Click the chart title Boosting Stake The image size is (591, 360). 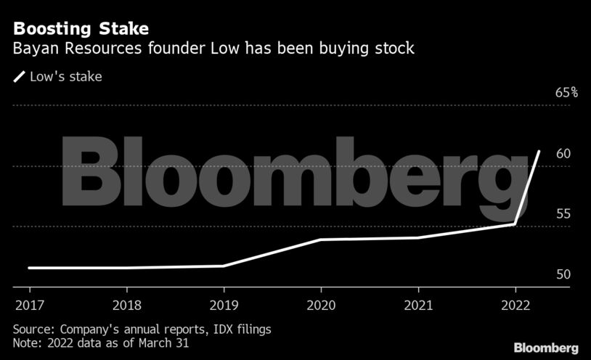click(81, 30)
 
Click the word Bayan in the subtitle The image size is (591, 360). click(33, 50)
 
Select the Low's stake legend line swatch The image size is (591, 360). click(19, 76)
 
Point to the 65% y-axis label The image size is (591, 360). click(566, 93)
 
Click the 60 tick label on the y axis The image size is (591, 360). click(563, 154)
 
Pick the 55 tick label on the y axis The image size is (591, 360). click(563, 214)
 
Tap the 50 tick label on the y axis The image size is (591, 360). click(563, 274)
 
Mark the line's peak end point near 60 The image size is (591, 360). click(539, 152)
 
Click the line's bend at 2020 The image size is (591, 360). click(320, 240)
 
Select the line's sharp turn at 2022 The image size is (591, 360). click(515, 224)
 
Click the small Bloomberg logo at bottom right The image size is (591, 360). click(546, 347)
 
